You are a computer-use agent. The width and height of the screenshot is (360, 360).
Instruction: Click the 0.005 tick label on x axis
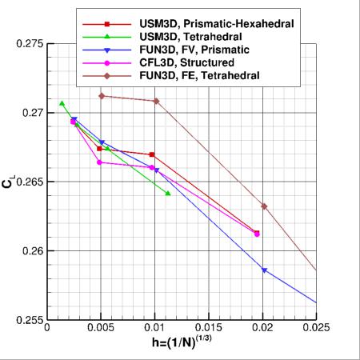coord(102,329)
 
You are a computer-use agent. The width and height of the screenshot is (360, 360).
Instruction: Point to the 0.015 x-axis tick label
coord(209,329)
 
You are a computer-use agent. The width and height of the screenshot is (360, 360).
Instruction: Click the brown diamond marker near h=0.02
coord(264,206)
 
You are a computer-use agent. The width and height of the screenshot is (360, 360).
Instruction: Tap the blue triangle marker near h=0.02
coord(264,270)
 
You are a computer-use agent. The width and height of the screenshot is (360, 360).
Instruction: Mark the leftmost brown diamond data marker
coord(102,96)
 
